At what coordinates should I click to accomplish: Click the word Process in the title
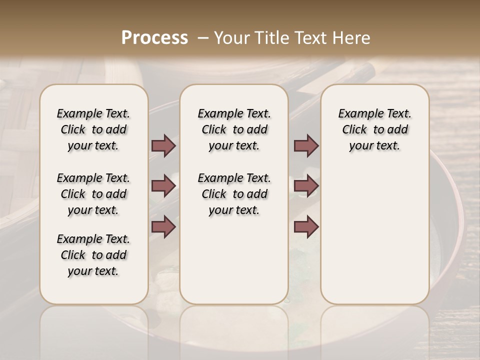(154, 38)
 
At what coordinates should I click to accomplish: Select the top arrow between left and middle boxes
(163, 145)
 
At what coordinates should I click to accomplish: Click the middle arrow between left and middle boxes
(163, 186)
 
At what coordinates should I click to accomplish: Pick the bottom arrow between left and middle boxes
(163, 226)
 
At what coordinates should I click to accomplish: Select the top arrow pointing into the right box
(306, 145)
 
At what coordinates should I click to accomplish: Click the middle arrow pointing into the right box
(306, 186)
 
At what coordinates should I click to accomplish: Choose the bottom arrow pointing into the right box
(306, 226)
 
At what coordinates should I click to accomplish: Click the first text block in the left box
(93, 129)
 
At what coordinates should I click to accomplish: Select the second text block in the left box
(93, 194)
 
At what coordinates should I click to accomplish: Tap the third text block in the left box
(93, 255)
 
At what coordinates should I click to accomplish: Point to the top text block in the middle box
(234, 129)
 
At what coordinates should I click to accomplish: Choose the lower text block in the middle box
(234, 194)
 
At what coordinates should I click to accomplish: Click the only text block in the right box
(374, 129)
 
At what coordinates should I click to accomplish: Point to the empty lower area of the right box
(374, 230)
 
